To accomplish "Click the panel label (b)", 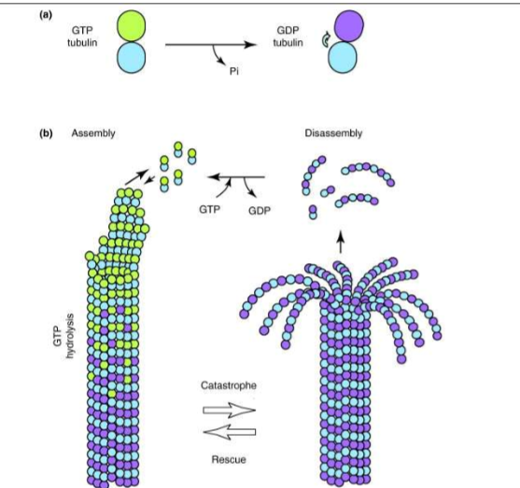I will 44,133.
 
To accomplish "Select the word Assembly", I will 92,133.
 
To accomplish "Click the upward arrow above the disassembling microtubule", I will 340,244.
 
